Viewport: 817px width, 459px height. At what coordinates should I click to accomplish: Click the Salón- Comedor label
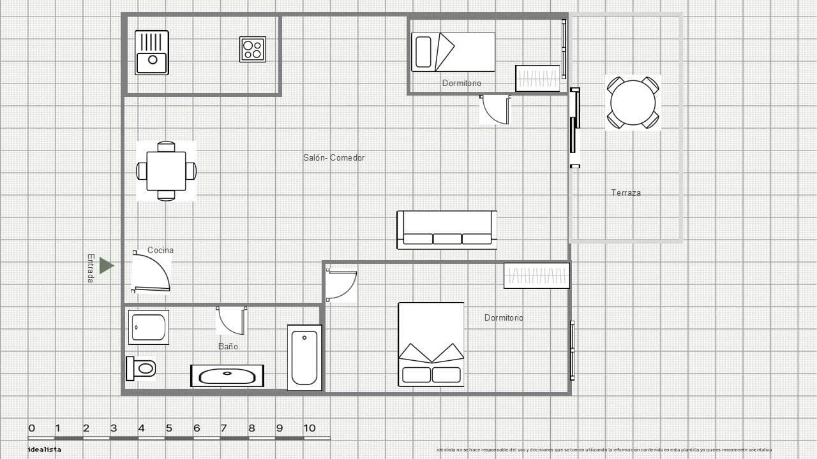click(x=334, y=157)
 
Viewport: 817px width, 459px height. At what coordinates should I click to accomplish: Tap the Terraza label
click(x=626, y=193)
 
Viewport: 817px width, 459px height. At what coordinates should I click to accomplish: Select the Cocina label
click(x=160, y=250)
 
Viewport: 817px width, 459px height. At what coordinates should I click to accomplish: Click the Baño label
click(x=228, y=346)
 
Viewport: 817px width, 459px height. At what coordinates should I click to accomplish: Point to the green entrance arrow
click(x=106, y=266)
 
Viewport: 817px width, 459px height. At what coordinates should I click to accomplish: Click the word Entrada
click(x=91, y=268)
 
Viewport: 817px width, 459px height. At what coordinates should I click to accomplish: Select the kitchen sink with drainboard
click(x=152, y=52)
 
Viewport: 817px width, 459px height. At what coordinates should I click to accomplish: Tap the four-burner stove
click(x=253, y=49)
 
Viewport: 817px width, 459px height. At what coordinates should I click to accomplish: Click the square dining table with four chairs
click(x=166, y=171)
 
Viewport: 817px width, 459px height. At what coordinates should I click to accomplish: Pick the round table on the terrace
click(x=633, y=103)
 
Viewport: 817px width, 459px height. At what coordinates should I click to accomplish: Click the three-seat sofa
click(x=447, y=229)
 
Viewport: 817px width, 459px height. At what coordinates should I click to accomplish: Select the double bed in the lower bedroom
click(x=431, y=344)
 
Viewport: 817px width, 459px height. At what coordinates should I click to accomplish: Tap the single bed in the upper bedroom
click(x=453, y=52)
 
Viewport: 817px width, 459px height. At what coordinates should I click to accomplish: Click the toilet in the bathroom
click(x=142, y=368)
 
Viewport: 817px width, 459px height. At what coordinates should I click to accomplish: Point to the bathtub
click(x=304, y=357)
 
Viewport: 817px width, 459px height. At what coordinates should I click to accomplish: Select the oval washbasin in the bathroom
click(x=227, y=376)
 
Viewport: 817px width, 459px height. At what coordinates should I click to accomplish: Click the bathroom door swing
click(x=230, y=321)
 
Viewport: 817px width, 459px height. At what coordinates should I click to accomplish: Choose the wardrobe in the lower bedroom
click(x=536, y=276)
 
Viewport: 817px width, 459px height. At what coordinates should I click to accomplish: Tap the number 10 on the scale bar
click(x=309, y=428)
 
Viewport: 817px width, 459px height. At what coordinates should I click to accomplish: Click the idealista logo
click(x=45, y=449)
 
